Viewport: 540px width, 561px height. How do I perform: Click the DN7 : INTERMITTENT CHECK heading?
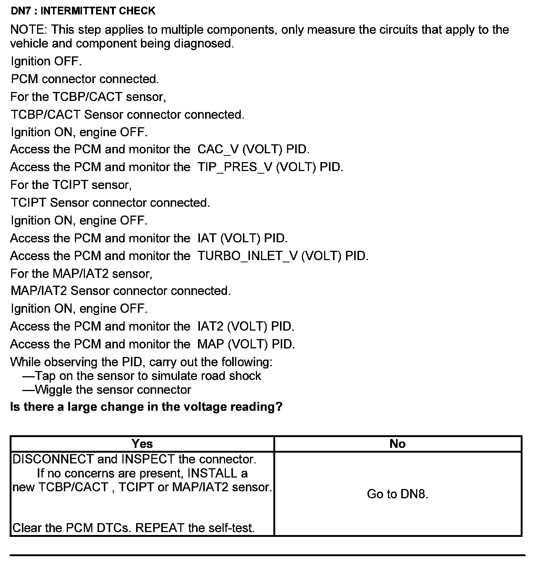[x=83, y=11]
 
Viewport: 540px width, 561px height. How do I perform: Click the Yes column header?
[x=142, y=444]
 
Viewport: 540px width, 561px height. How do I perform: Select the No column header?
[x=398, y=444]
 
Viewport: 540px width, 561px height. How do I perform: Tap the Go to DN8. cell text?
[x=398, y=494]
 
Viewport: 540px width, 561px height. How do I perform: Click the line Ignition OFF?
[x=46, y=61]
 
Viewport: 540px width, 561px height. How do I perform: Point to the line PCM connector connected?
[x=85, y=79]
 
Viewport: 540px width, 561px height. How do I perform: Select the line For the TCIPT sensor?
[x=71, y=185]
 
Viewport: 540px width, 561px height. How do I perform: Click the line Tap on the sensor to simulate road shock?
[x=142, y=376]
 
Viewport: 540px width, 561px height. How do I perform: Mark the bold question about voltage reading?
[x=146, y=407]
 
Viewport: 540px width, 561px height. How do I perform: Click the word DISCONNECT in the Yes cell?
[x=53, y=459]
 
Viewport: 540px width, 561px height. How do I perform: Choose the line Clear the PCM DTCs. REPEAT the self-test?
[x=134, y=528]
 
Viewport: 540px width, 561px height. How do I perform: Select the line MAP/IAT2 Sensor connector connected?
[x=121, y=291]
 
